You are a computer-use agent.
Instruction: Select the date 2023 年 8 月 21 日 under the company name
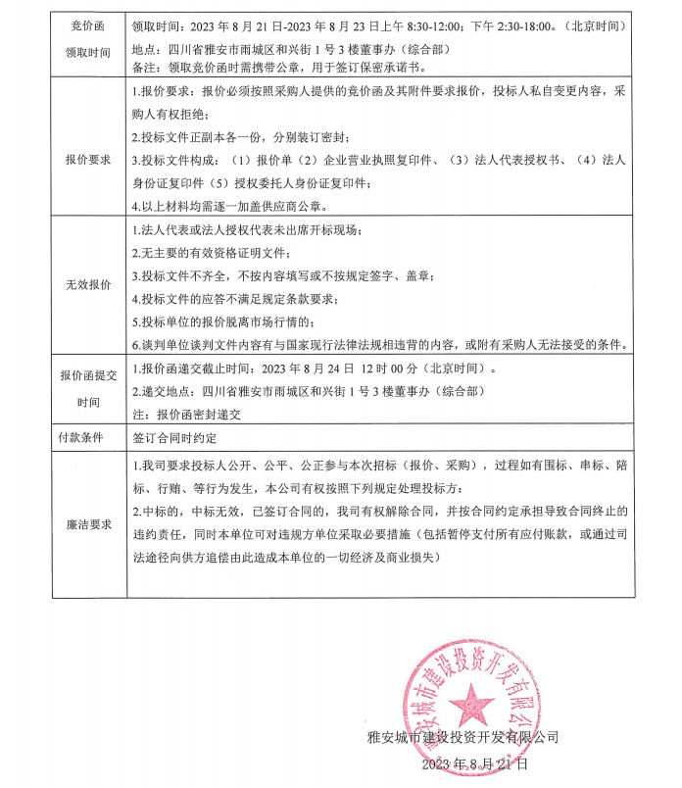point(477,763)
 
